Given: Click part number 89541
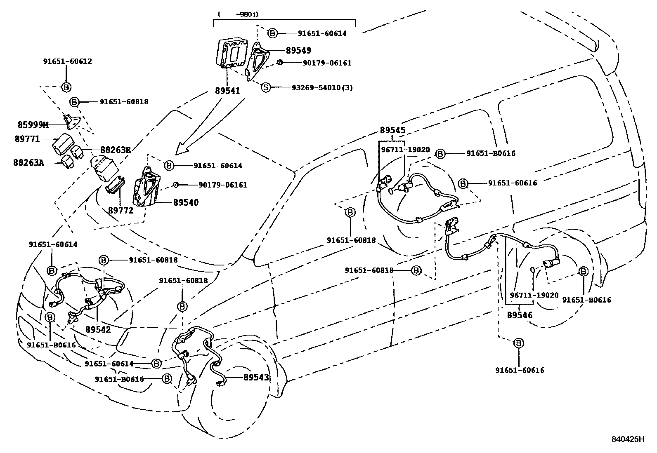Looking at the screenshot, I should pyautogui.click(x=227, y=90).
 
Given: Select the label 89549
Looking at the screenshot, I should pyautogui.click(x=298, y=50).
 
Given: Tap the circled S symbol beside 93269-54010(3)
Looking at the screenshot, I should pyautogui.click(x=266, y=87).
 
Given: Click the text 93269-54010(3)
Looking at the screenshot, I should pyautogui.click(x=322, y=88).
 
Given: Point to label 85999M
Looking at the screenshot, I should pyautogui.click(x=33, y=124).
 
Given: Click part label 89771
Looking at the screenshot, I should pyautogui.click(x=27, y=139).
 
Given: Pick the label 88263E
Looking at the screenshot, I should pyautogui.click(x=115, y=150).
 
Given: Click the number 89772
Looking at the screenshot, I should pyautogui.click(x=121, y=211).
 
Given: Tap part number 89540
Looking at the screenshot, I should pyautogui.click(x=185, y=202).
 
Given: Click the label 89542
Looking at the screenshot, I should pyautogui.click(x=98, y=330).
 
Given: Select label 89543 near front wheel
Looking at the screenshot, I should pyautogui.click(x=256, y=377).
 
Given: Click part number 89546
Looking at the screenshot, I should pyautogui.click(x=519, y=315).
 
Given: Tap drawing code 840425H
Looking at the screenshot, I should pyautogui.click(x=628, y=439).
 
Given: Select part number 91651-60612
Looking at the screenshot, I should pyautogui.click(x=67, y=61).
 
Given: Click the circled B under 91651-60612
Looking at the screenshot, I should pyautogui.click(x=66, y=87).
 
